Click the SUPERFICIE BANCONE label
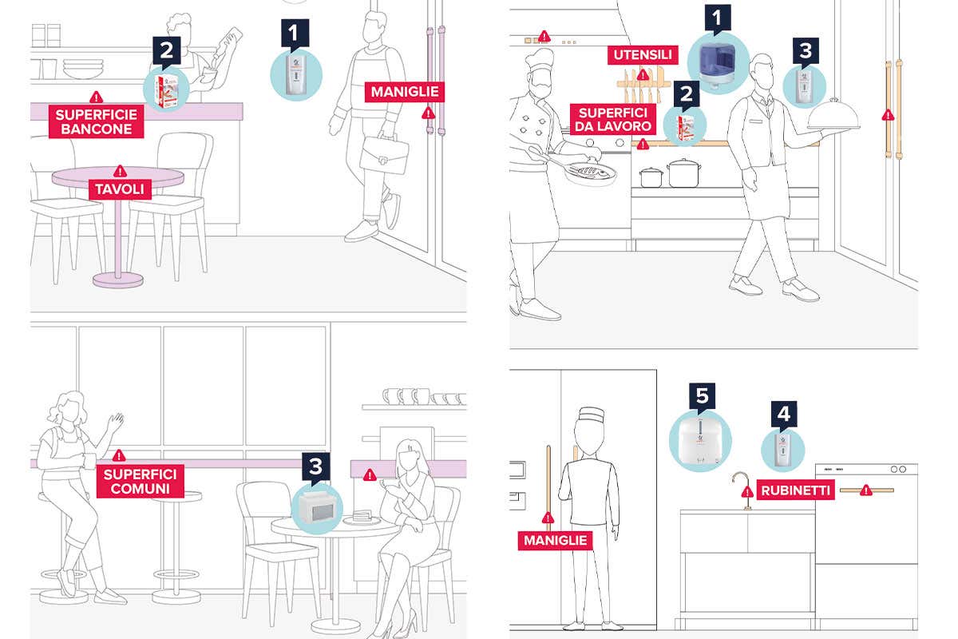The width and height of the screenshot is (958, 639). (97, 121)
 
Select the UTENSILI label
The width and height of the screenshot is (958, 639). (642, 55)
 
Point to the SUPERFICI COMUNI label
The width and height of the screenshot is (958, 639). (141, 481)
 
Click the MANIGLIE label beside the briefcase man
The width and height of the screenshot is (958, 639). (403, 92)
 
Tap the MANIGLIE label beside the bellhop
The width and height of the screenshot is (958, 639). (556, 541)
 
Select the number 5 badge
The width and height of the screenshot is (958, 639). (702, 395)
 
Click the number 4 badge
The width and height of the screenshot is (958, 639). (783, 414)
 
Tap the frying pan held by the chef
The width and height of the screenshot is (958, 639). (589, 172)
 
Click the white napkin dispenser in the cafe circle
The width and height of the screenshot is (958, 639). (317, 506)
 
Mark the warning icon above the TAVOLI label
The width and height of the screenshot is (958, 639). (120, 170)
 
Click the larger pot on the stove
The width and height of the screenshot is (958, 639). (683, 172)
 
